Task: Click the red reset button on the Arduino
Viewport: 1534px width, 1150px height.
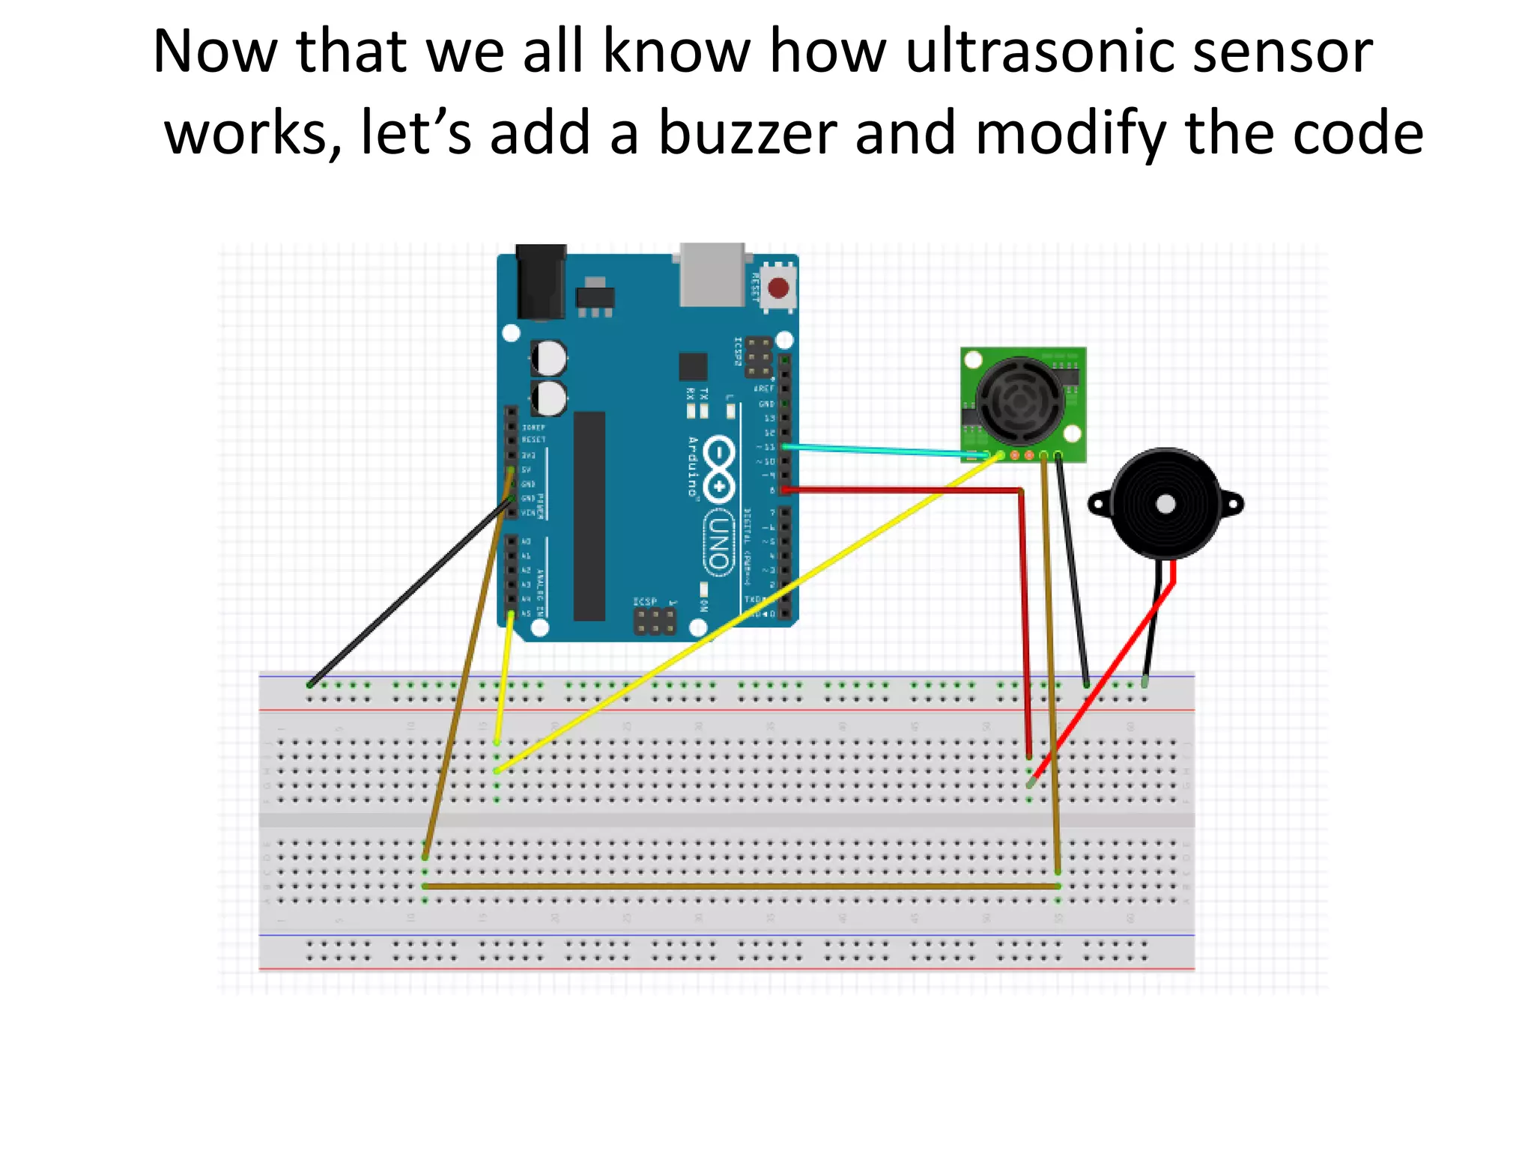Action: [778, 288]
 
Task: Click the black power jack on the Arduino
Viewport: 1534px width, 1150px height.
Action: [541, 283]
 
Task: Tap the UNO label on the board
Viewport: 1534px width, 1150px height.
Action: [718, 543]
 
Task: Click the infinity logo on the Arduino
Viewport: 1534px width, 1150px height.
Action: [718, 470]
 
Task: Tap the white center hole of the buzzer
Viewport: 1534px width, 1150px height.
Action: [1165, 504]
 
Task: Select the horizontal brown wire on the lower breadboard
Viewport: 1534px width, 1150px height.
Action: [742, 886]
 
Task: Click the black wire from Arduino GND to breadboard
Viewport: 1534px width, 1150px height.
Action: [408, 593]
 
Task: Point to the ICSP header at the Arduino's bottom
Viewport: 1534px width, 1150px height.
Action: [655, 621]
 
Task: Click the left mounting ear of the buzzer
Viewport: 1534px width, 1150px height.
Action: [1100, 503]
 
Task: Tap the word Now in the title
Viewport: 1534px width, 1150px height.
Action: [214, 52]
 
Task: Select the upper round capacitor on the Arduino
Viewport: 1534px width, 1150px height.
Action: [549, 358]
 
